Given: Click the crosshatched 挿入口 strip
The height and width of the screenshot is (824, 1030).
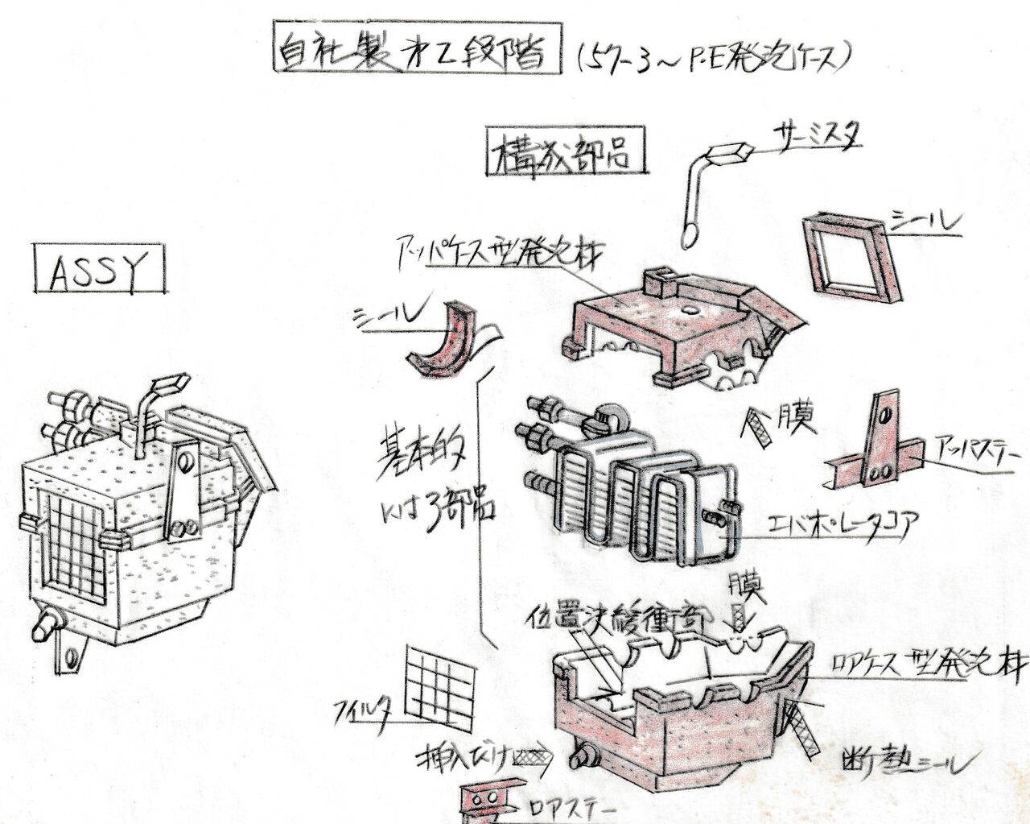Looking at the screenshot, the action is pyautogui.click(x=530, y=756).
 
